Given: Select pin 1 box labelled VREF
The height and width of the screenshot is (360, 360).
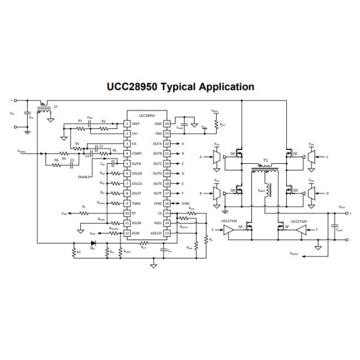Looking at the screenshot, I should (x=127, y=124).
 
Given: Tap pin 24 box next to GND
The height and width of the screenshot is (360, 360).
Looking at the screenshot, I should (x=167, y=124).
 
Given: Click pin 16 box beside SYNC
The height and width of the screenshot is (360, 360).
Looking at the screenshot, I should (x=167, y=203).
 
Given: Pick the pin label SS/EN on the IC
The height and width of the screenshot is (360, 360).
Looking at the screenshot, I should (x=137, y=163).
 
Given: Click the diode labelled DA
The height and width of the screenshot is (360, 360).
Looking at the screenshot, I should (x=92, y=244).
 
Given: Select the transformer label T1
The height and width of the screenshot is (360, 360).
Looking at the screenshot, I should (x=265, y=161).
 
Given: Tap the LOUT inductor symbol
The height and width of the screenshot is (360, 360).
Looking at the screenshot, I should (x=269, y=192).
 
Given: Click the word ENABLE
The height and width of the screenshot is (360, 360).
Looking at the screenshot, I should (x=85, y=177).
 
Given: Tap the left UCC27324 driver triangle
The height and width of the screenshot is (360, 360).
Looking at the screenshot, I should (x=227, y=229).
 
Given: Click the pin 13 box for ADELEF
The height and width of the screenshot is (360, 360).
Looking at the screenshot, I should (x=167, y=233).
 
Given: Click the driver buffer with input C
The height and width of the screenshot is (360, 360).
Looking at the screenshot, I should (x=312, y=157).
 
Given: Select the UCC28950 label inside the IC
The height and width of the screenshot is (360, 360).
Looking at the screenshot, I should (x=147, y=116).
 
